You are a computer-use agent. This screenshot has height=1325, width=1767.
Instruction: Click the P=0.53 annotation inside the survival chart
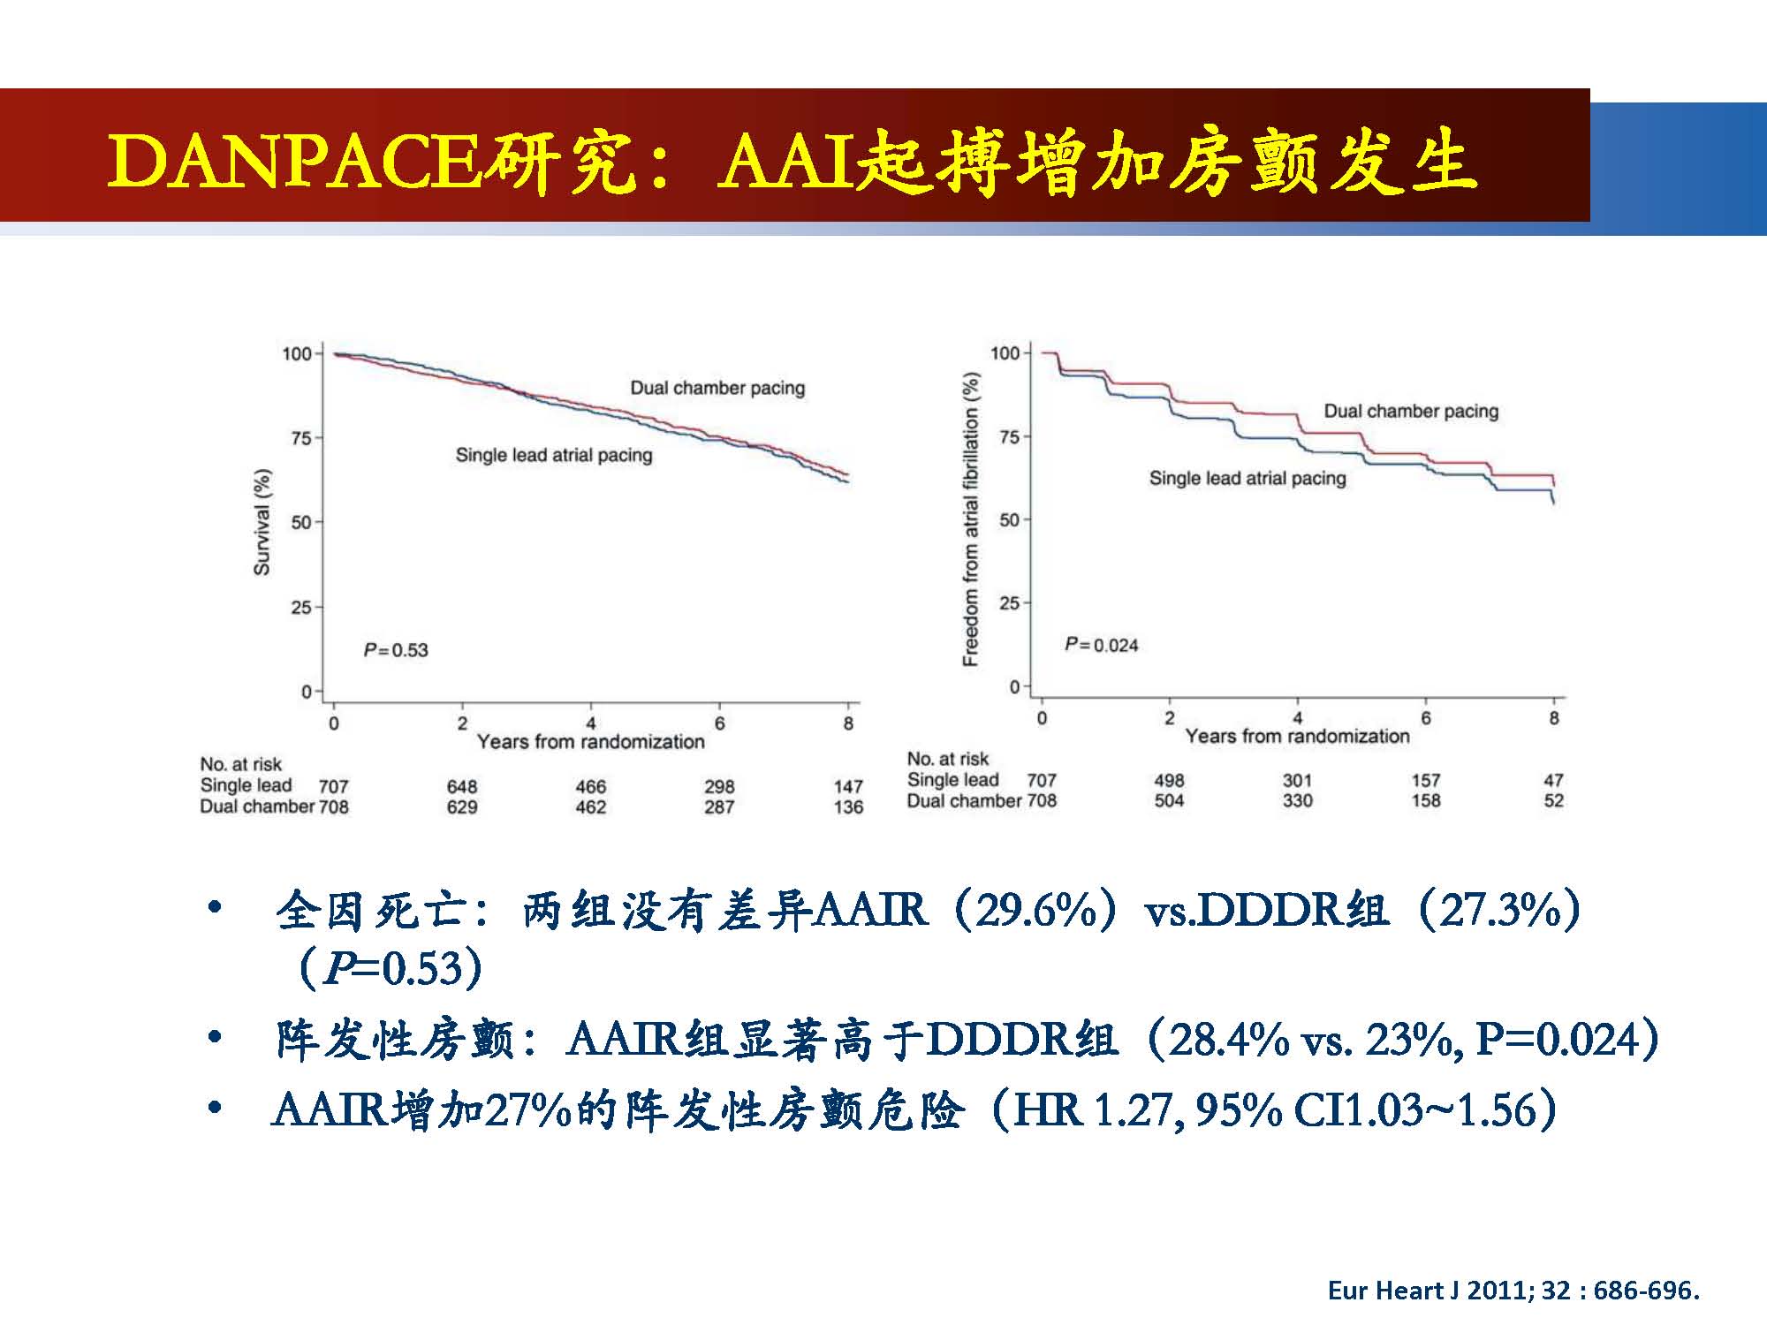[396, 650]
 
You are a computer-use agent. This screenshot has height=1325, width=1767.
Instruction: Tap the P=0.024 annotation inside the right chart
[1101, 645]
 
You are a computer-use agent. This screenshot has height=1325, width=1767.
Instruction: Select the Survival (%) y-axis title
[262, 522]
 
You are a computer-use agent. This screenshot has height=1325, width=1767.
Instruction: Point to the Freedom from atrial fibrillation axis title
[971, 519]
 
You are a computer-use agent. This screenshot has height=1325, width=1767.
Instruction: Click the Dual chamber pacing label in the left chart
[717, 388]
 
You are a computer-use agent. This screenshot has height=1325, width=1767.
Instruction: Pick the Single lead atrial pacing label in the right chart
[1247, 479]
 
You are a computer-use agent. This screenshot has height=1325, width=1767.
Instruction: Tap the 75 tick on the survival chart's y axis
[301, 438]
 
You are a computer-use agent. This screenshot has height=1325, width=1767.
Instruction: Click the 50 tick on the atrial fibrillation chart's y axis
[1009, 520]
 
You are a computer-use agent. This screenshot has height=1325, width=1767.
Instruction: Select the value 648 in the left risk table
[461, 786]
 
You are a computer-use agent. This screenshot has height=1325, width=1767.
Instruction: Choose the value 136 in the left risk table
[848, 807]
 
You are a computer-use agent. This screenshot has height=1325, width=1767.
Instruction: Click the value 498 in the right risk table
[1169, 781]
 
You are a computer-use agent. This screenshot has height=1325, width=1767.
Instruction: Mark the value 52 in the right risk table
[1553, 801]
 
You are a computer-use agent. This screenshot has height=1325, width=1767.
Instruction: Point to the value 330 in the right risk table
[1297, 801]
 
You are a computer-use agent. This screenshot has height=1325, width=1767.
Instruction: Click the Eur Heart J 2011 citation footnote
[1513, 1291]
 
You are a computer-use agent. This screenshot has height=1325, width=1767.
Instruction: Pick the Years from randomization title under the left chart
[590, 742]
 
